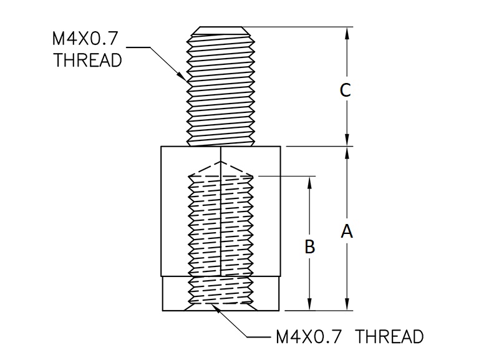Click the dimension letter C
(346, 90)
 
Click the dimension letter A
(347, 231)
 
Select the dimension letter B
(309, 247)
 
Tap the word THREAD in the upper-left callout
(87, 61)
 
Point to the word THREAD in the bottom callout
(391, 337)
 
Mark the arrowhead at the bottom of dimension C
(347, 142)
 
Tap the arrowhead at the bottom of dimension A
(347, 306)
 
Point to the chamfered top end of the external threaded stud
(221, 29)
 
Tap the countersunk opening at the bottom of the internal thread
(221, 306)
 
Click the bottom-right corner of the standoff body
(281, 310)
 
